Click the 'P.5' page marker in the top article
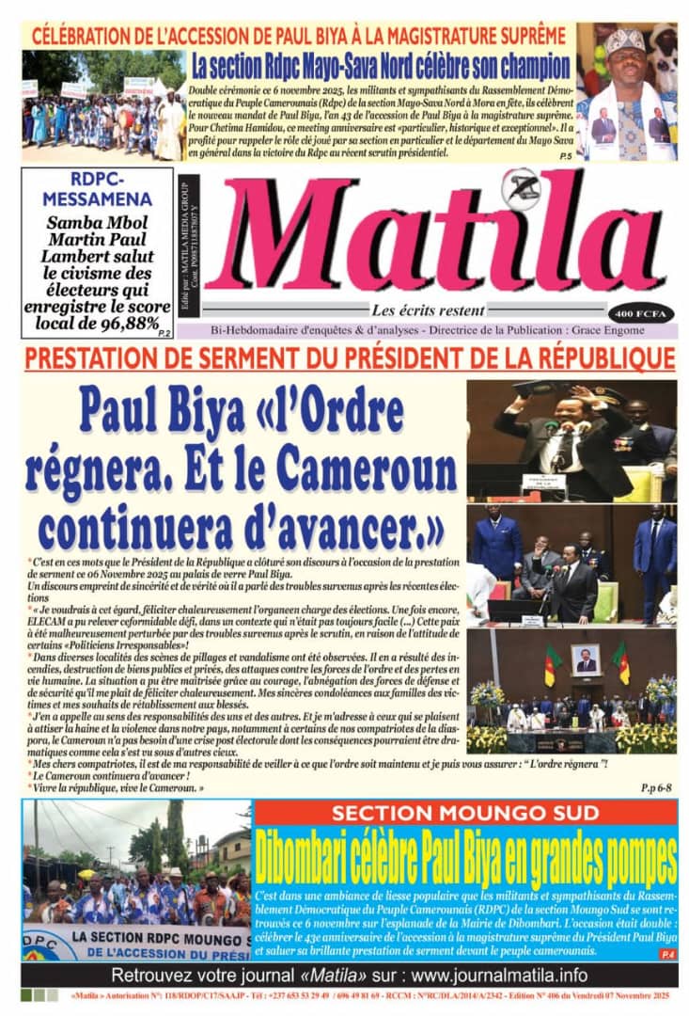point(563,154)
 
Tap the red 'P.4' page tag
point(666,954)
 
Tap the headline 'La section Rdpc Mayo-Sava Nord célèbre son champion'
point(381,67)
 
